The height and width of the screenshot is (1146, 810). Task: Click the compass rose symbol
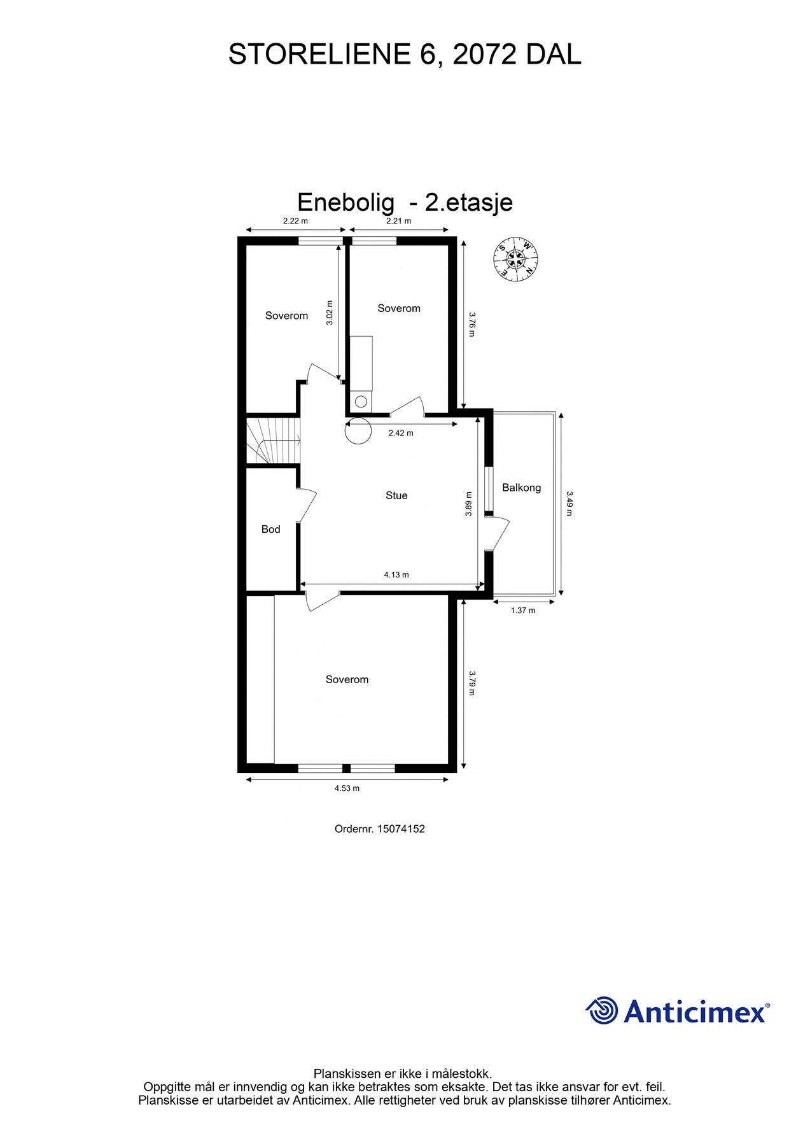click(515, 260)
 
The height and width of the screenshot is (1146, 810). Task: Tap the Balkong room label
click(521, 488)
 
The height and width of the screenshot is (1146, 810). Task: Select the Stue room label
click(396, 495)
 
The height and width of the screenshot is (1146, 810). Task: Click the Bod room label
click(270, 529)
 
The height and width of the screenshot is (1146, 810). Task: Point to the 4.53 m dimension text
click(347, 788)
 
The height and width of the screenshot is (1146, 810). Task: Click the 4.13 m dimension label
click(396, 575)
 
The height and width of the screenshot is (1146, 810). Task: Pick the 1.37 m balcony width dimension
click(523, 611)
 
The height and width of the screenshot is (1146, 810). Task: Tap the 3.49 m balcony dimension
click(569, 503)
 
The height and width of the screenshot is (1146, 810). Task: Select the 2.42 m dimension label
click(401, 433)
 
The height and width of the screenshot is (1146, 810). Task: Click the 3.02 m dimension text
click(329, 313)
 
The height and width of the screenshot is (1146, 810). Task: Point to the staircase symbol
click(272, 441)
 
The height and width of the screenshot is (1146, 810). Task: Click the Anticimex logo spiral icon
click(601, 1010)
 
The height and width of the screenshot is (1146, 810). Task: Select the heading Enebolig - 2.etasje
click(405, 202)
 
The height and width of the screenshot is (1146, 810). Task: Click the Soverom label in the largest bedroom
click(347, 679)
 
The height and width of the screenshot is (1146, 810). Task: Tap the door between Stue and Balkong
click(497, 534)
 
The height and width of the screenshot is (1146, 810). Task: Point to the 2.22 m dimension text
click(295, 221)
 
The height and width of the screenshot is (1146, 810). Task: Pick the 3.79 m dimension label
click(471, 683)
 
